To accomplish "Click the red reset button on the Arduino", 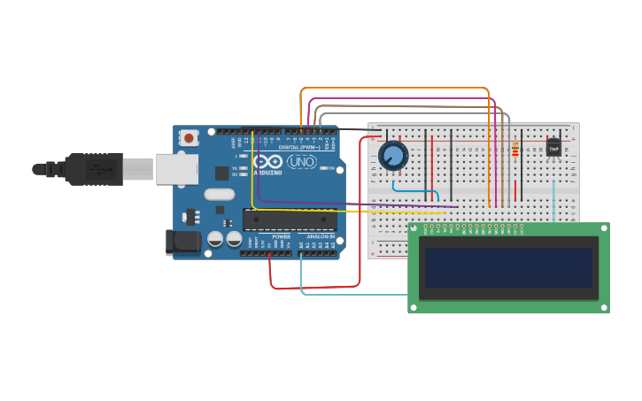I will [x=189, y=137].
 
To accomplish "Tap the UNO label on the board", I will [x=302, y=162].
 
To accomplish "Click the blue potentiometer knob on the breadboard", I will [x=393, y=157].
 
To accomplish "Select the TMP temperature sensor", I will [x=553, y=148].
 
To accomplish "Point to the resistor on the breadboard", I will [x=514, y=150].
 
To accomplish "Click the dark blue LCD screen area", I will [x=508, y=267].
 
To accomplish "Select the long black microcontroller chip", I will [x=290, y=220].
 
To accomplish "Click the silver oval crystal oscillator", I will [x=219, y=194].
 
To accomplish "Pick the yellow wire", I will [x=253, y=177].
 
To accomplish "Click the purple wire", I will [x=354, y=204].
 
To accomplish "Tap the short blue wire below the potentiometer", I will [x=416, y=190].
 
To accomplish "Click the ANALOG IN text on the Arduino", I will [x=320, y=237].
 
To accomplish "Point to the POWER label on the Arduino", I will [x=281, y=237].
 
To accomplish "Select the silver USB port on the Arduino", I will [x=177, y=168].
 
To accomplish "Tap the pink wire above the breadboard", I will [x=398, y=98].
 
